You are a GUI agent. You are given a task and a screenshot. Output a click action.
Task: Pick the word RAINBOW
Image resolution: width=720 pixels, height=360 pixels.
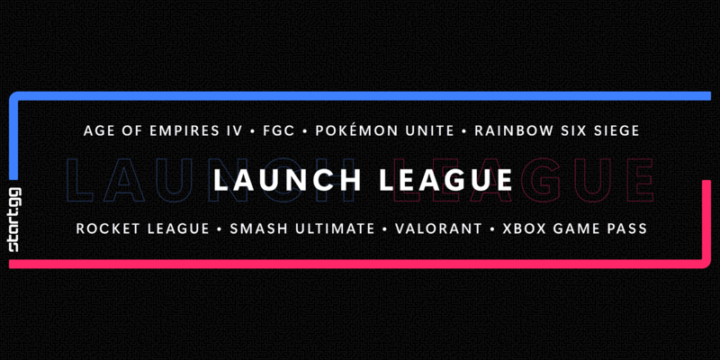[509, 130]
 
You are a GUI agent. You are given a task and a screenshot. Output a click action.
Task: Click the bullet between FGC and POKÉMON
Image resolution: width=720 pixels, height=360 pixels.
[305, 131]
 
